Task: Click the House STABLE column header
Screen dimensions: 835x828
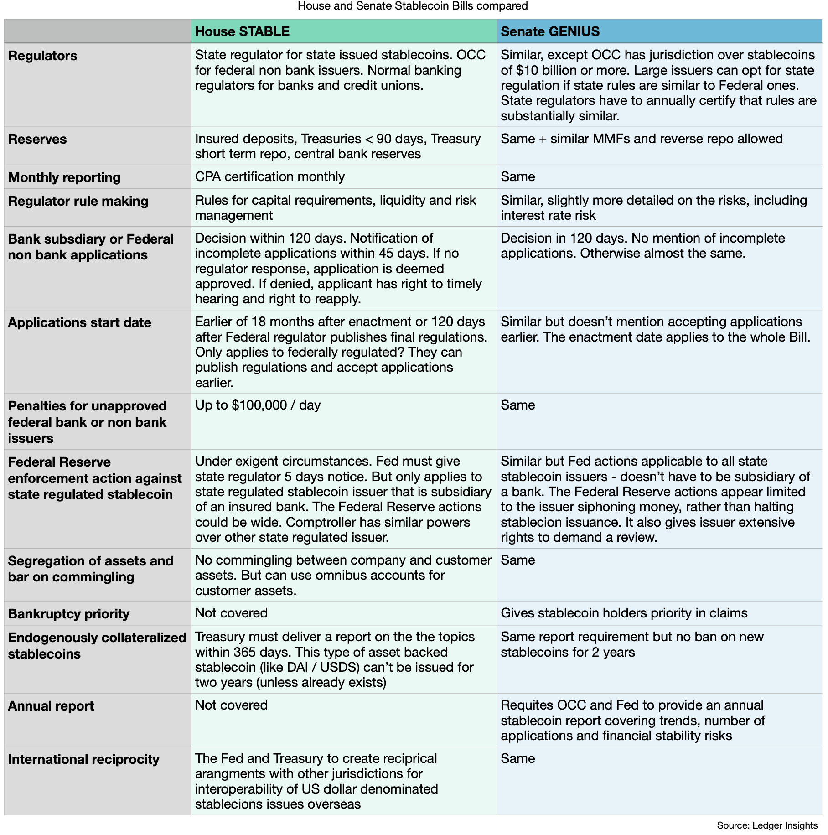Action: coord(242,31)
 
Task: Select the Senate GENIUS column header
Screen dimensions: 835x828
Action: coord(550,31)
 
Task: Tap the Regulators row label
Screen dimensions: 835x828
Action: coord(43,56)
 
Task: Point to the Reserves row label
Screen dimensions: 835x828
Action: coord(37,139)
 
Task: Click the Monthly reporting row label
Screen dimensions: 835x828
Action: coord(64,177)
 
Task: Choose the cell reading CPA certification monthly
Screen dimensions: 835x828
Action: coord(270,176)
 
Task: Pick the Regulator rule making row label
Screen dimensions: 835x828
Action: coord(78,201)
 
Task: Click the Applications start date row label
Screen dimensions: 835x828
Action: coord(79,322)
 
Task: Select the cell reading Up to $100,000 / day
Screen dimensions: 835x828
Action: coord(258,405)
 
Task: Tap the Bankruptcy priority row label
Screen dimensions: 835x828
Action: coord(69,614)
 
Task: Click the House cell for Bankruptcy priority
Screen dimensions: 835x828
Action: coord(231,613)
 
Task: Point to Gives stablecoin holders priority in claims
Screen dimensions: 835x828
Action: coord(624,613)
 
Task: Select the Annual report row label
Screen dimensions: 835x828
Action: coord(51,706)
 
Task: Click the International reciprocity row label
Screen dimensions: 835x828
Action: coord(83,759)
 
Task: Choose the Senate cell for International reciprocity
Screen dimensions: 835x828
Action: coord(517,758)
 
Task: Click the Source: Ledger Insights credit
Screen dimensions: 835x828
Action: coord(767,825)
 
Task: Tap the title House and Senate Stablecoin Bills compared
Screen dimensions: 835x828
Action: coord(413,6)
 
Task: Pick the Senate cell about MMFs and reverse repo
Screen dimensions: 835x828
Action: coord(641,139)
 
